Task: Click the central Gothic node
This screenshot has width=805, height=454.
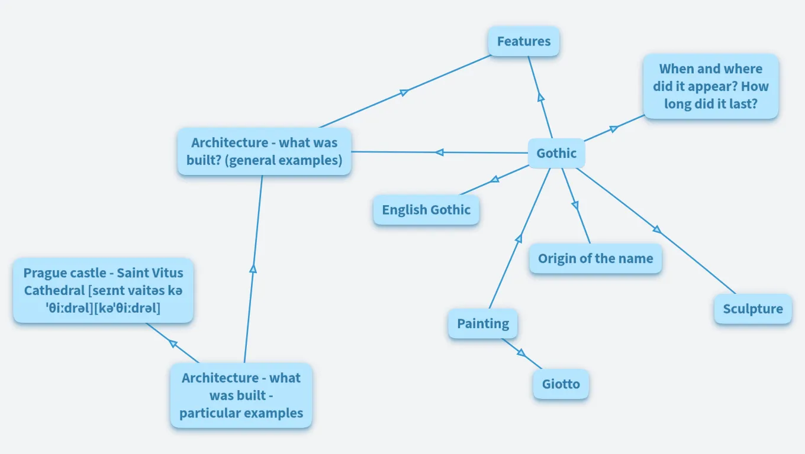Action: click(556, 154)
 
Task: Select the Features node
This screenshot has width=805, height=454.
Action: click(524, 41)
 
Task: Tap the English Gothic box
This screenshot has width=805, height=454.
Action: click(426, 210)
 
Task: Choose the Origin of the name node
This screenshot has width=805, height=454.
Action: click(595, 258)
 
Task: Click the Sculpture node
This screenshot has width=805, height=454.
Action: click(753, 309)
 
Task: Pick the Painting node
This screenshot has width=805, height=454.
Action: click(483, 323)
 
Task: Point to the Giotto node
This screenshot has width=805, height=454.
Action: click(561, 384)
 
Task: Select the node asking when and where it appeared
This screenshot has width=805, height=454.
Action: click(711, 86)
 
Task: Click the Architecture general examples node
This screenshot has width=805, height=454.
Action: click(265, 152)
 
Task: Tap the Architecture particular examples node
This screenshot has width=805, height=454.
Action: click(241, 395)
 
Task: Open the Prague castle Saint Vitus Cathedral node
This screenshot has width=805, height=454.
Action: click(104, 290)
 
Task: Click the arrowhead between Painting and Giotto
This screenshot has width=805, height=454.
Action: click(521, 353)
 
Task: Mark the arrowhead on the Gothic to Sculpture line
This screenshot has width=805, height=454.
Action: click(657, 229)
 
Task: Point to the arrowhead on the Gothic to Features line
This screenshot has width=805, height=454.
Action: click(540, 98)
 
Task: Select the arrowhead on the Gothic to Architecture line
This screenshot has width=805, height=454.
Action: click(439, 153)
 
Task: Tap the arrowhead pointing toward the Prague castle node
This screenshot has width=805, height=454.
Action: click(173, 343)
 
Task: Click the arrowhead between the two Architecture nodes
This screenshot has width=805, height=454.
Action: click(253, 268)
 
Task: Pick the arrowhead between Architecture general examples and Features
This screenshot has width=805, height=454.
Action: click(405, 92)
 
